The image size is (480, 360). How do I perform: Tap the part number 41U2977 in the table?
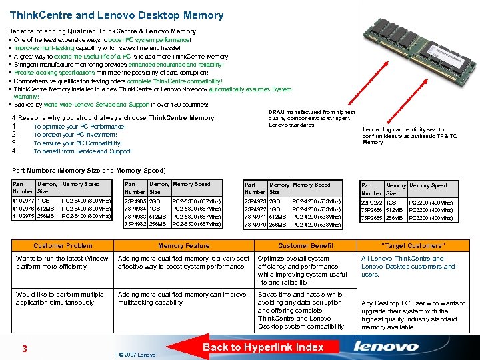[24, 200]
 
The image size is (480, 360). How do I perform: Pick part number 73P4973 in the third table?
[255, 201]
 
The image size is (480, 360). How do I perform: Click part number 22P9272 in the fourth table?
[372, 203]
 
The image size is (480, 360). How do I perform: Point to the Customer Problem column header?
[63, 246]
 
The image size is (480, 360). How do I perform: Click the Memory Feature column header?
[184, 246]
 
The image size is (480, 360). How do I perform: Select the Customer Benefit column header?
[305, 246]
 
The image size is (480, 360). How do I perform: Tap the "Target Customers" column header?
[413, 246]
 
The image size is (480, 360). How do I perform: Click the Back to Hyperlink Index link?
[263, 347]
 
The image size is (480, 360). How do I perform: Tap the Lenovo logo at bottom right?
[386, 346]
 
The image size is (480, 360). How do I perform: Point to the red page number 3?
[24, 349]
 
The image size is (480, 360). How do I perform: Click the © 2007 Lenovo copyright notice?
[137, 355]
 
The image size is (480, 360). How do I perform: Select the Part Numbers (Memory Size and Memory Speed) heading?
[89, 171]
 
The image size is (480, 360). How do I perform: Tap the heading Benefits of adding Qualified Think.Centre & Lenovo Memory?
[102, 31]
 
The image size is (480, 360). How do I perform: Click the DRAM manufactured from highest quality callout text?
[311, 119]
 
